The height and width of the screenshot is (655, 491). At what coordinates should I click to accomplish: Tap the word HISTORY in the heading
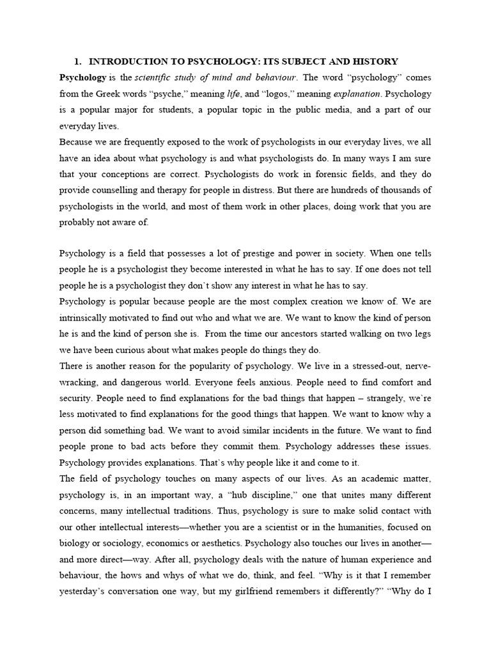pyautogui.click(x=374, y=61)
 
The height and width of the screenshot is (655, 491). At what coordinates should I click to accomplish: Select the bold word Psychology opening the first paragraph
pyautogui.click(x=82, y=77)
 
